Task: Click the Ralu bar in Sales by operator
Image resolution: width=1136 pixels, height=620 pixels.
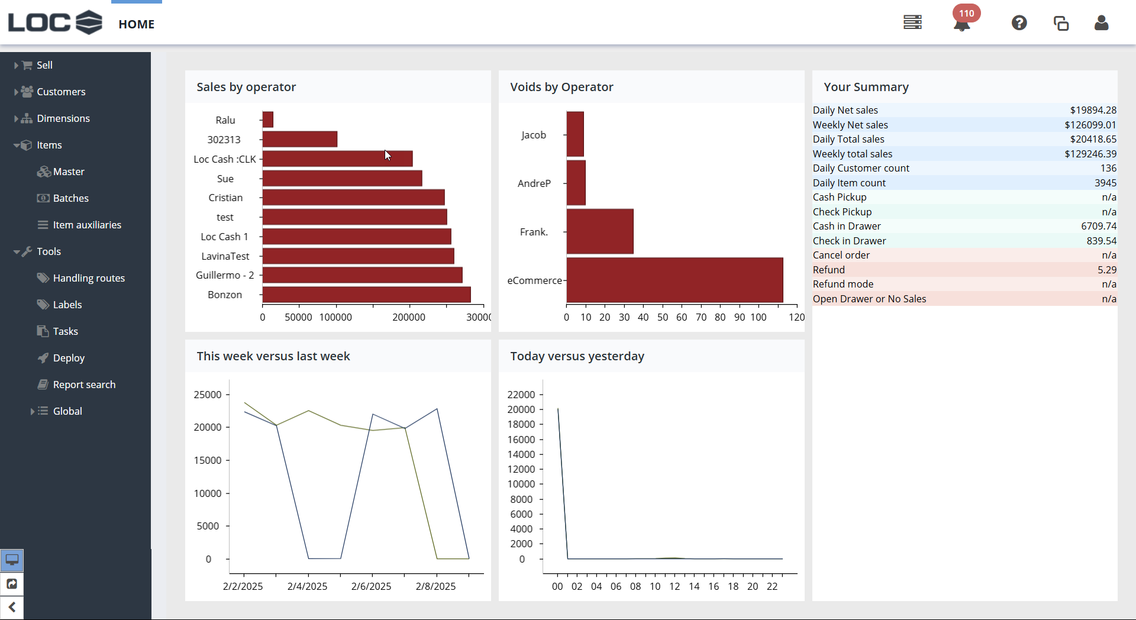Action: coord(268,120)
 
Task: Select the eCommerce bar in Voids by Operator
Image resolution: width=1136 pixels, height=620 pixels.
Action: coord(674,280)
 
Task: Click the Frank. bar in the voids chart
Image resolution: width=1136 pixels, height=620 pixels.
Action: coord(600,231)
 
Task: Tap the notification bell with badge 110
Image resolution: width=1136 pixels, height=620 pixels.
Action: coord(962,24)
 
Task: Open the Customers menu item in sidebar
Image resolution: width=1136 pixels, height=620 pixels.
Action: coord(60,92)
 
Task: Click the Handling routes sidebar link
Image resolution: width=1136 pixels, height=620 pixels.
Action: coord(89,278)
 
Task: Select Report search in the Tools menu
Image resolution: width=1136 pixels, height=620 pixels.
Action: coord(84,385)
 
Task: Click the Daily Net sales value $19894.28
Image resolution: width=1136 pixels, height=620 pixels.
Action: coord(1093,110)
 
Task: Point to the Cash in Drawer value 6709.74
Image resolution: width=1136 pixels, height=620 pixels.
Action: coord(1098,226)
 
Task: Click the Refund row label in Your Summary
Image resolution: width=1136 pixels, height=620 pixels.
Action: coord(828,270)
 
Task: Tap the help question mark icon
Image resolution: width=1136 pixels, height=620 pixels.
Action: coord(1019,23)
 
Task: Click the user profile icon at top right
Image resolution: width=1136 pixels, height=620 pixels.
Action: coord(1101,23)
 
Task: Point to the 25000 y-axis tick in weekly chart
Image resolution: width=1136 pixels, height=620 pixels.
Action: coord(208,395)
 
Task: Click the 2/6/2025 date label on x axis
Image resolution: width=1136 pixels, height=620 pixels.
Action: coord(371,586)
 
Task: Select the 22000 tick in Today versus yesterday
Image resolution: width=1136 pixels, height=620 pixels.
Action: coord(521,395)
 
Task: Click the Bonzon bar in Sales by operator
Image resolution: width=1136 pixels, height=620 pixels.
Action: coord(366,295)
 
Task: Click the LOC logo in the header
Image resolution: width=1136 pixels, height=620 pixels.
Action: coord(55,22)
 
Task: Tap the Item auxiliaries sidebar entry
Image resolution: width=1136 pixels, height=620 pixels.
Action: coord(87,225)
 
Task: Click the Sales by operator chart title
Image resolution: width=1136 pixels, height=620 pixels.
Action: coord(246,87)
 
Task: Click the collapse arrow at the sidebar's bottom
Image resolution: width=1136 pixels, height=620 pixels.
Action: coord(12,608)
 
